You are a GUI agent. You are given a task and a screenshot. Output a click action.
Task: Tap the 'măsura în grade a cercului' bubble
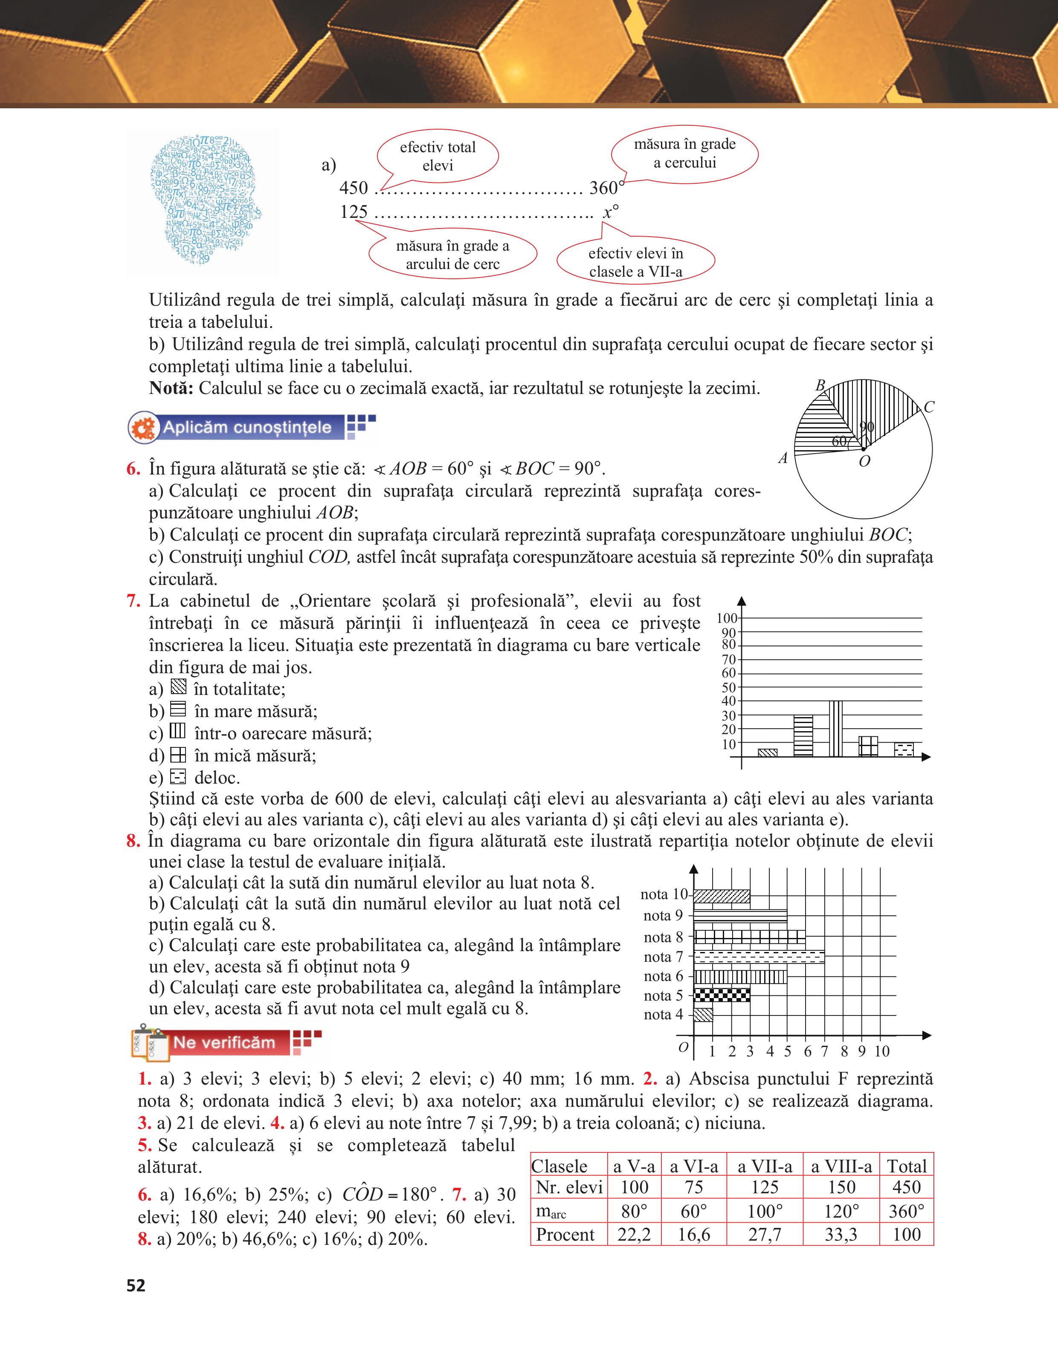click(684, 153)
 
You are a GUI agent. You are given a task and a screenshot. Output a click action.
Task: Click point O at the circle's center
click(863, 449)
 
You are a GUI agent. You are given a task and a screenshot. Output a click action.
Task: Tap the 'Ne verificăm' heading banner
click(223, 1042)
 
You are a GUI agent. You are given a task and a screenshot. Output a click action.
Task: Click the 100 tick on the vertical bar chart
click(726, 618)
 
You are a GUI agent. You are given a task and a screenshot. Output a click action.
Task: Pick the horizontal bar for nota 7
click(759, 957)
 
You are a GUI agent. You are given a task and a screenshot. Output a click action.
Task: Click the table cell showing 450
click(906, 1187)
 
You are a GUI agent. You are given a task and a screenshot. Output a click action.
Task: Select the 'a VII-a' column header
click(765, 1166)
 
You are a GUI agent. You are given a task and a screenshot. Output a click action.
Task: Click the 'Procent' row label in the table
click(565, 1234)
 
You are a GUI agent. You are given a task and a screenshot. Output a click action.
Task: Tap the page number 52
click(136, 1285)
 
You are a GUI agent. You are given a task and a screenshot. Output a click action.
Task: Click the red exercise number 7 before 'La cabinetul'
click(133, 601)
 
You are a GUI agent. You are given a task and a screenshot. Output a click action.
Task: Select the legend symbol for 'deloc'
click(178, 776)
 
